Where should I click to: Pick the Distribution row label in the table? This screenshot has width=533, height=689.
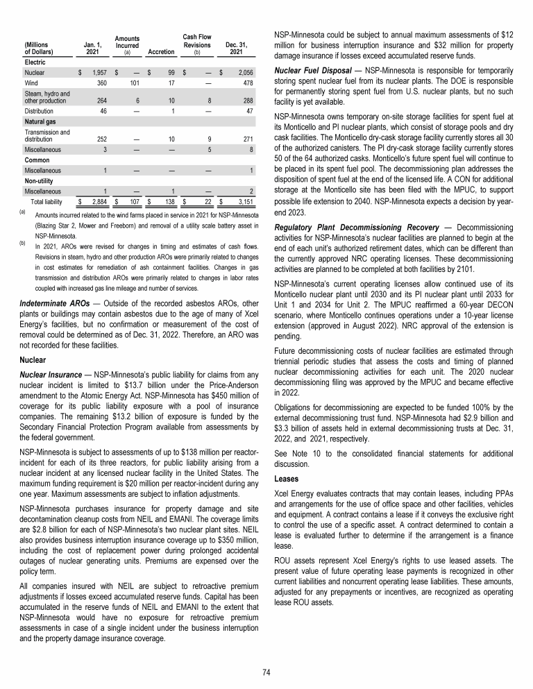pyautogui.click(x=40, y=110)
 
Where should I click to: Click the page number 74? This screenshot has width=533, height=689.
pyautogui.click(x=266, y=672)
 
